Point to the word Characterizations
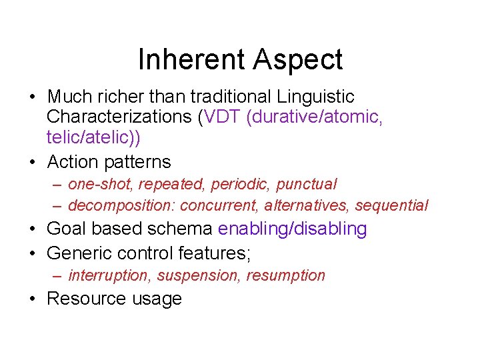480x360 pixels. pos(119,117)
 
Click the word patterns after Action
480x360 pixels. pos(139,162)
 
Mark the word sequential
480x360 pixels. pos(391,205)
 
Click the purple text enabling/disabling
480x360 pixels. pos(293,229)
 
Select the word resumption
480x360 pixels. pos(286,275)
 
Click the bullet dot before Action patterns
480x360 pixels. pos(33,162)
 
